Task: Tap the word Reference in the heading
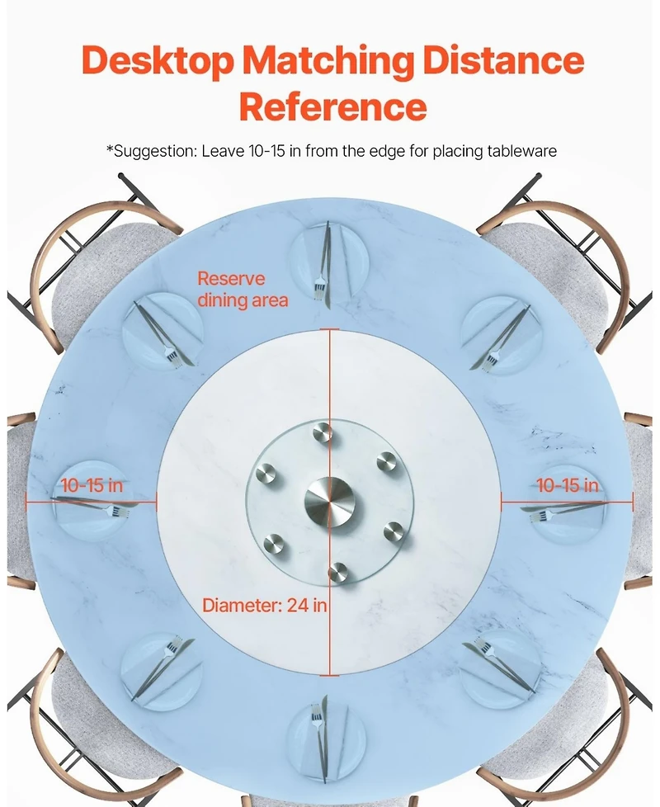tap(332, 106)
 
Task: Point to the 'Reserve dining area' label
tap(243, 290)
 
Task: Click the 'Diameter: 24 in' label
tap(265, 605)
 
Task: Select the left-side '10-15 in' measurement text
tap(91, 485)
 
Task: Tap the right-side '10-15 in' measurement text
tap(568, 485)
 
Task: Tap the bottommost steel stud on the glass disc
tap(337, 571)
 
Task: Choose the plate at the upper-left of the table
tap(163, 331)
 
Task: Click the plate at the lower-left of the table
tap(160, 667)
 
